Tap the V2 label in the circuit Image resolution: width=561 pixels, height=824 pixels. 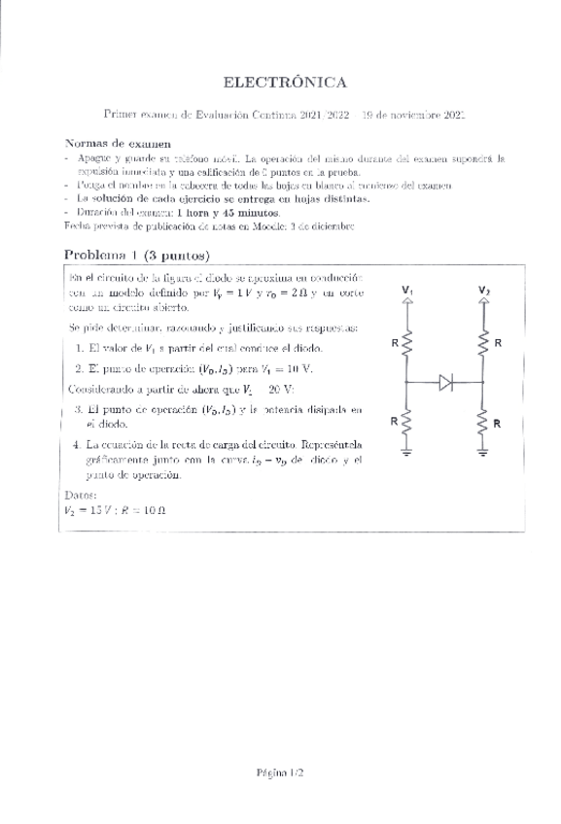[x=483, y=290]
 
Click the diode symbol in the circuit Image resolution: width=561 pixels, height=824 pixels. [x=446, y=382]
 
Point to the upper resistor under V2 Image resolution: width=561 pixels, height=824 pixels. [x=483, y=342]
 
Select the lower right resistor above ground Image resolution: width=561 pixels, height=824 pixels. [x=483, y=422]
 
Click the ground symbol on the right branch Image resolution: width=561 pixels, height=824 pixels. [x=483, y=451]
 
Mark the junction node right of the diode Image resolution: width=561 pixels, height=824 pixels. [x=483, y=382]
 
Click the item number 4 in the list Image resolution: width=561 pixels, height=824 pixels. [x=76, y=444]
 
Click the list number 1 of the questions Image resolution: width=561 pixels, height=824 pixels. [x=78, y=348]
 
